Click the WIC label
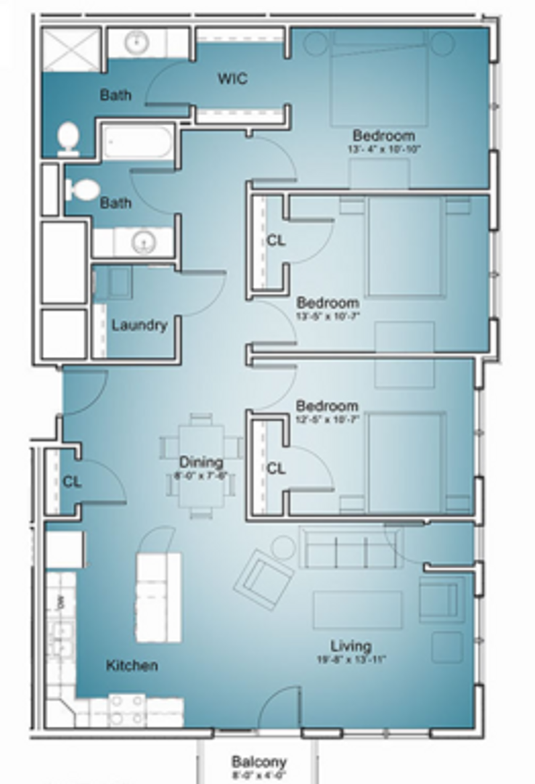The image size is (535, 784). [x=232, y=78]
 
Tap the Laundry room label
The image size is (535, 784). [x=139, y=325]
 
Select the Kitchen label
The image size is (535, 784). [x=131, y=665]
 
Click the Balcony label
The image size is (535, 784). [x=258, y=761]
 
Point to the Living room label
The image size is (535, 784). [x=351, y=645]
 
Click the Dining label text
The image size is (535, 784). [x=201, y=462]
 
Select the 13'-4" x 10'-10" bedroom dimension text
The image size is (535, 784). [x=384, y=149]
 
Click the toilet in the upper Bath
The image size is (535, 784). [x=68, y=138]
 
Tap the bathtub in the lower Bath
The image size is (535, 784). [x=138, y=142]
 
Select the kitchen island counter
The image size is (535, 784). [x=158, y=597]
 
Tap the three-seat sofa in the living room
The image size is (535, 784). [x=350, y=549]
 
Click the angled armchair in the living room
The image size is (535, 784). [x=264, y=579]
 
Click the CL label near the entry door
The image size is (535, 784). [x=72, y=481]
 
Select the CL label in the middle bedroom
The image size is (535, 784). [x=276, y=240]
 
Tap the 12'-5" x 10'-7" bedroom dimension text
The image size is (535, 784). [x=327, y=419]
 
